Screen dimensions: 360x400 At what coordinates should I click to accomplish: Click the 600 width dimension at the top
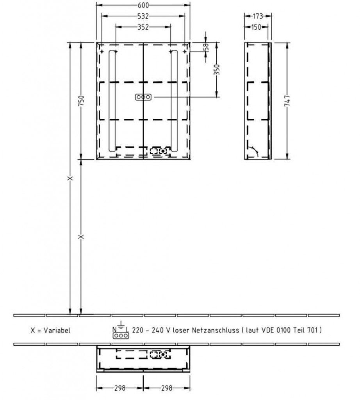tap(143, 5)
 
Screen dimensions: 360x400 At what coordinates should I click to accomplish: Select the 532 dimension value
tap(143, 16)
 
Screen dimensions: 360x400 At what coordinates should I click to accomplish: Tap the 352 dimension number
tap(143, 27)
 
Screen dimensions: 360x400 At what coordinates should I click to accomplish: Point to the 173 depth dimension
tap(258, 16)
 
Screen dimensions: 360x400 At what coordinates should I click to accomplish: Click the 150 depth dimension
tap(256, 27)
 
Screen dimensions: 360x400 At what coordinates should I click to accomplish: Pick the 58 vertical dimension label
tap(206, 47)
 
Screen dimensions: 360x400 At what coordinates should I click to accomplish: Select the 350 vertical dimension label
tap(216, 70)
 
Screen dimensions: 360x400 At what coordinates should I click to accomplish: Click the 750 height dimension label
tap(81, 101)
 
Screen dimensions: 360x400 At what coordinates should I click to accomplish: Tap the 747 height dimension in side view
tap(287, 101)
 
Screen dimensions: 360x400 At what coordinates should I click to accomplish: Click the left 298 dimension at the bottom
tap(120, 388)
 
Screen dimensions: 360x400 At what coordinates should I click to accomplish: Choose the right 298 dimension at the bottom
tap(167, 388)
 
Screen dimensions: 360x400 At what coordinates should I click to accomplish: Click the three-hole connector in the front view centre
tap(143, 97)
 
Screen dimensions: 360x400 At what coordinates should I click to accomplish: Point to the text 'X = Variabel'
tap(50, 330)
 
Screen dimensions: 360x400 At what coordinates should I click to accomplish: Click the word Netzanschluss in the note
tap(216, 330)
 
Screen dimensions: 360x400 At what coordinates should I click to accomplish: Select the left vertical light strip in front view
tap(112, 101)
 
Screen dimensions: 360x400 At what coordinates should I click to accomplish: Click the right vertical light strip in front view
tap(175, 101)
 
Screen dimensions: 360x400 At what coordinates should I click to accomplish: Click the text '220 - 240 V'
tap(151, 330)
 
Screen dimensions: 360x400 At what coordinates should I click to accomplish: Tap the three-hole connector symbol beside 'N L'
tap(121, 336)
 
